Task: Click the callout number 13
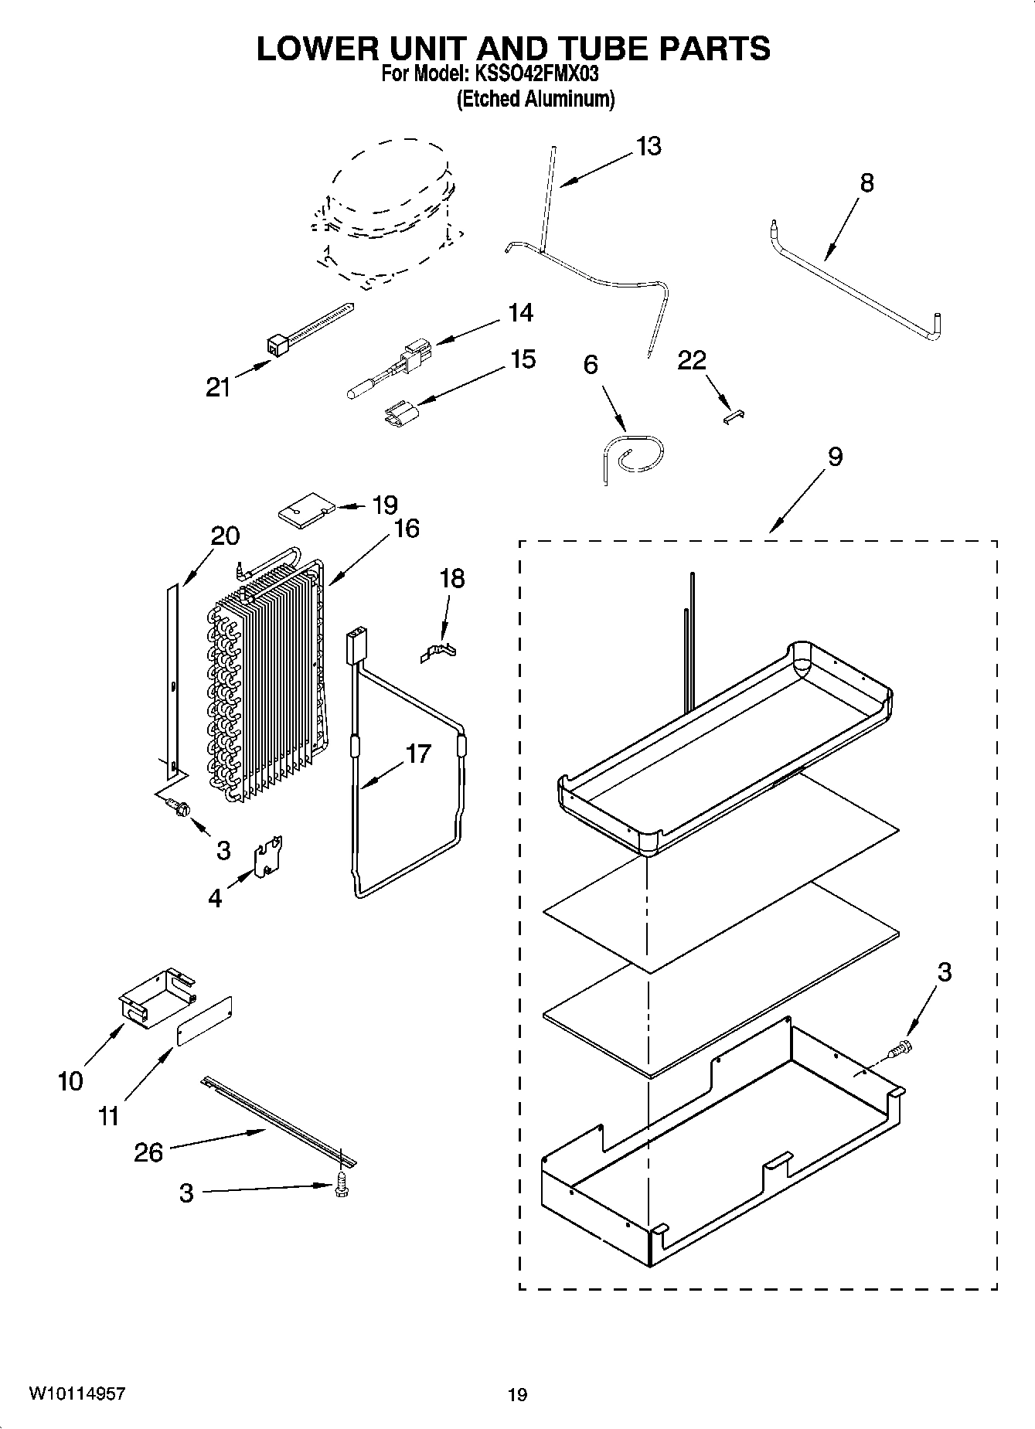(x=649, y=146)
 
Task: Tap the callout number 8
(x=866, y=183)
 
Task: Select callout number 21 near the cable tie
(x=218, y=386)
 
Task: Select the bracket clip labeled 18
(x=437, y=651)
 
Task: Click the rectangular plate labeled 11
(x=205, y=1021)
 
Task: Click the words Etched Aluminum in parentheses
(x=535, y=99)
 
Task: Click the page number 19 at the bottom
(x=517, y=1394)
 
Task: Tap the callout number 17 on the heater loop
(x=417, y=754)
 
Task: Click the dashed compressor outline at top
(x=386, y=213)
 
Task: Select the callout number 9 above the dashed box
(x=835, y=457)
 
